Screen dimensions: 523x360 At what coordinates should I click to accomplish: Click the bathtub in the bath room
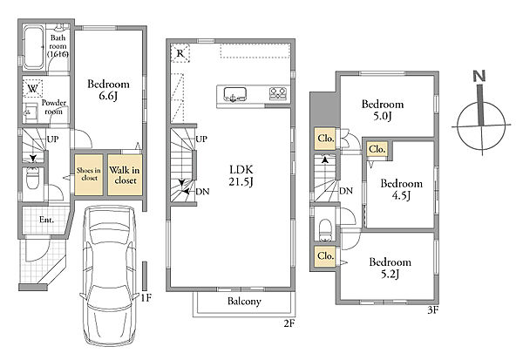pos(33,48)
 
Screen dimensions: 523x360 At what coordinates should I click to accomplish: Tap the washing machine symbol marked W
pos(33,88)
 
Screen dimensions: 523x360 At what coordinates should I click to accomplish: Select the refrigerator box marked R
pos(180,53)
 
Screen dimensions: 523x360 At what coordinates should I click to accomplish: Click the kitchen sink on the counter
pos(234,94)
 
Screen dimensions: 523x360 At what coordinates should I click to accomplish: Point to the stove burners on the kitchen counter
pos(278,93)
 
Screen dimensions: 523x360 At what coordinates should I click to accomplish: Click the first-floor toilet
pos(33,179)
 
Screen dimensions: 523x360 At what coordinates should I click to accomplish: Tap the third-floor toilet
pos(325,230)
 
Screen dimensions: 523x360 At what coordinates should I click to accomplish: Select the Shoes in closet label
pos(89,174)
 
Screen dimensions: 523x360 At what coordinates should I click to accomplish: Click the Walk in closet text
pos(125,175)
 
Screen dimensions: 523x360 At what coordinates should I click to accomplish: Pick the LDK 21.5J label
pos(241,175)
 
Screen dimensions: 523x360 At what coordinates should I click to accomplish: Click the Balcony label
pos(244,301)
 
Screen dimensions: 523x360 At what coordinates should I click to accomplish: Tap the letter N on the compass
pos(479,77)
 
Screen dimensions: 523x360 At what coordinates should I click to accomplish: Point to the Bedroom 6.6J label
pos(108,90)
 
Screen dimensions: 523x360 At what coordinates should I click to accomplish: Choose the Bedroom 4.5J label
pos(401,189)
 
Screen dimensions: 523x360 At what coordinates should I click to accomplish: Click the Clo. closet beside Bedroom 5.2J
pos(325,256)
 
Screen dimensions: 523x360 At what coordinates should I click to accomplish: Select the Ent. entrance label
pos(46,220)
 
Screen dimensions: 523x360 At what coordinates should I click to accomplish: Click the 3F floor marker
pos(432,310)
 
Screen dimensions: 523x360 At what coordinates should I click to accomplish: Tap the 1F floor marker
pos(146,297)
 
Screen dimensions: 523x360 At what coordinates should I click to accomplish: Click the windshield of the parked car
pos(109,234)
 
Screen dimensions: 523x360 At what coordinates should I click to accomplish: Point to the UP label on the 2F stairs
pos(201,139)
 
